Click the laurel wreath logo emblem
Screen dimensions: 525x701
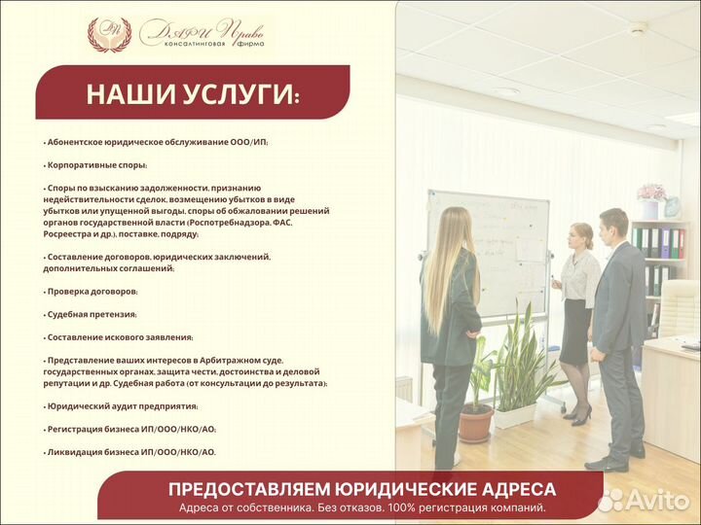point(109,34)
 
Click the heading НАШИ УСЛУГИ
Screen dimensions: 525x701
point(193,94)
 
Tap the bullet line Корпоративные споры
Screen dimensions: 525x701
point(94,165)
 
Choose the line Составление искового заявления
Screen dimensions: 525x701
point(118,336)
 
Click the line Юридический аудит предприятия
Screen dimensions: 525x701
point(121,406)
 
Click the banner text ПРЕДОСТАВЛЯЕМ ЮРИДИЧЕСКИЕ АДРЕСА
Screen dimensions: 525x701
point(362,489)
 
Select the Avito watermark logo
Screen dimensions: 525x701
point(643,500)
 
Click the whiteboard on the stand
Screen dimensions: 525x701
point(487,253)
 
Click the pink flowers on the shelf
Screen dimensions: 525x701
point(649,192)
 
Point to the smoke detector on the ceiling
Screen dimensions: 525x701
point(638,28)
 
